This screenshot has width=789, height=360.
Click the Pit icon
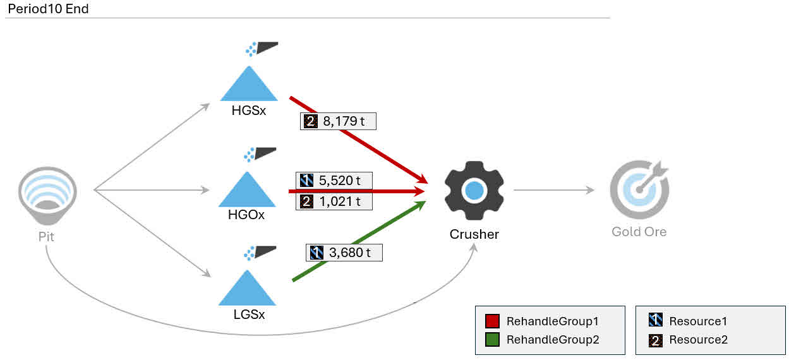point(47,196)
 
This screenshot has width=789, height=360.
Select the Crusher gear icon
point(474,191)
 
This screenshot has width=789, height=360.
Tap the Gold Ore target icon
point(639,189)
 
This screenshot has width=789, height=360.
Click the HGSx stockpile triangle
point(249,85)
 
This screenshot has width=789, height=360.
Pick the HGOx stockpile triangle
point(247,190)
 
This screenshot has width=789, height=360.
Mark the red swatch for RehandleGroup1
point(492,321)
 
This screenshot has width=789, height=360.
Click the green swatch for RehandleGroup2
point(492,340)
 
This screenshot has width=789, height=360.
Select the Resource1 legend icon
point(655,321)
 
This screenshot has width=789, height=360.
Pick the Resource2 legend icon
point(655,340)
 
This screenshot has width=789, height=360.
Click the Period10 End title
point(48,9)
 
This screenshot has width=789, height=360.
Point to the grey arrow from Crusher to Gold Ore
point(553,189)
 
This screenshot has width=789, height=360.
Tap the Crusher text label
point(474,234)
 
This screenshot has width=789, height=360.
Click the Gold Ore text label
point(639,232)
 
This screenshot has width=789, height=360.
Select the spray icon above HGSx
point(262,49)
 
